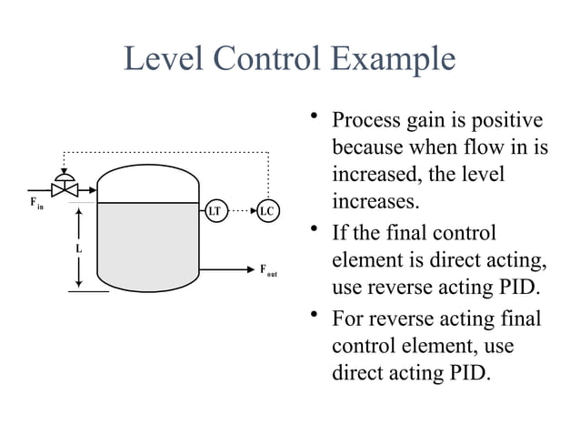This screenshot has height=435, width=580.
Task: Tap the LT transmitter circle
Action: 215,211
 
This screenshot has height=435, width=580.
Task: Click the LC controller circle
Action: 268,211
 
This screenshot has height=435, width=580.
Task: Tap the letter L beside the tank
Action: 78,248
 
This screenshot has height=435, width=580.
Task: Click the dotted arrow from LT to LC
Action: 241,211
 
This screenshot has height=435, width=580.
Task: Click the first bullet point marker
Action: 314,116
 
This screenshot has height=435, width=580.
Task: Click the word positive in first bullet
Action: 511,121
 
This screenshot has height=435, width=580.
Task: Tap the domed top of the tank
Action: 147,177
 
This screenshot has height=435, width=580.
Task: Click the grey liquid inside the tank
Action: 147,246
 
